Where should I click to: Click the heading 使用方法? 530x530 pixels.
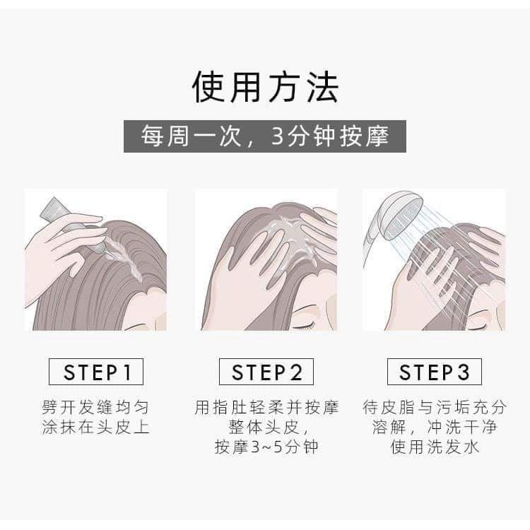pyautogui.click(x=265, y=86)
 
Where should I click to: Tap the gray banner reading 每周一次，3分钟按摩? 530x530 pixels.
pyautogui.click(x=265, y=136)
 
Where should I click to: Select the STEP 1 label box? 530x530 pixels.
pyautogui.click(x=96, y=372)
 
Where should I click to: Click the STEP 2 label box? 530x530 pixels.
pyautogui.click(x=266, y=372)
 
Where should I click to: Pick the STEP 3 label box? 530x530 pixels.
pyautogui.click(x=435, y=372)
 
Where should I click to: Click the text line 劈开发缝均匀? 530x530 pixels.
pyautogui.click(x=95, y=407)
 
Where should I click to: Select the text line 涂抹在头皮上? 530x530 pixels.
pyautogui.click(x=95, y=427)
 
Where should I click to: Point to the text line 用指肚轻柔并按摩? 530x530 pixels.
pyautogui.click(x=266, y=407)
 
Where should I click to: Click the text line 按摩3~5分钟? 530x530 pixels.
pyautogui.click(x=266, y=447)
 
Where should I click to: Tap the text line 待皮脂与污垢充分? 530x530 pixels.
pyautogui.click(x=435, y=407)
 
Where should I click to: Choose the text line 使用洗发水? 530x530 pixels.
pyautogui.click(x=435, y=447)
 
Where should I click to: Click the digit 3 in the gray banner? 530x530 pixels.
pyautogui.click(x=277, y=136)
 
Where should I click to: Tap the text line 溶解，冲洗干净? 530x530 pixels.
pyautogui.click(x=435, y=427)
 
